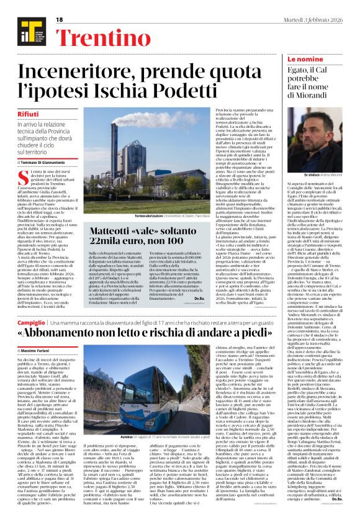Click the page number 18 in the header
(60, 20)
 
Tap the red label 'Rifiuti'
(29, 115)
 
